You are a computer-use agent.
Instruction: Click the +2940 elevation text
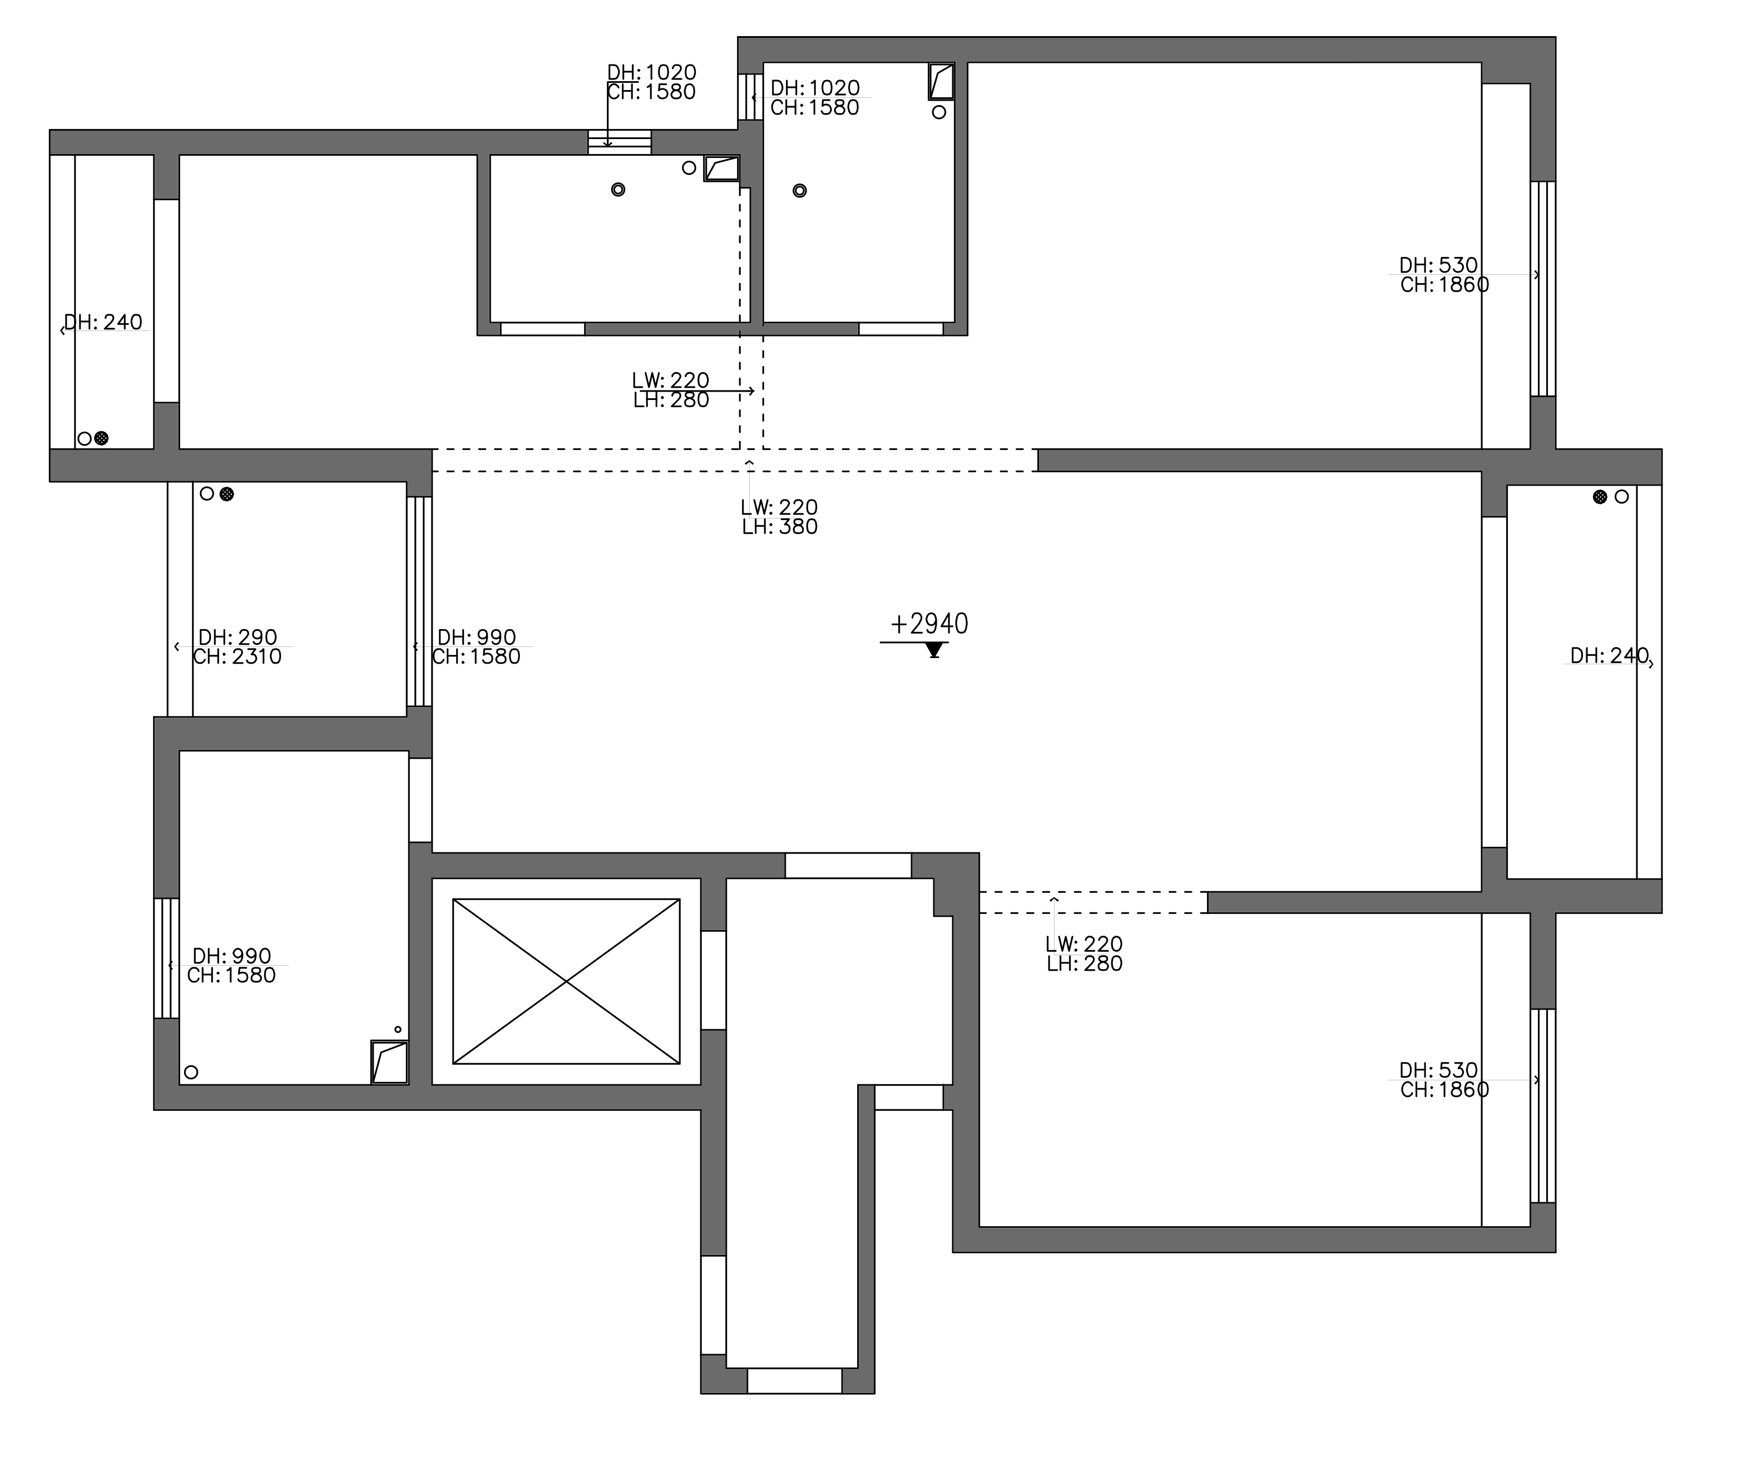pos(929,624)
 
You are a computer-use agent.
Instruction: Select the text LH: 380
pos(779,527)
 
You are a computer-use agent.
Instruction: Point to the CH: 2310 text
pos(237,656)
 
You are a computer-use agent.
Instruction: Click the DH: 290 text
pos(237,637)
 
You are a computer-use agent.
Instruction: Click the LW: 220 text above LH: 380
pos(779,507)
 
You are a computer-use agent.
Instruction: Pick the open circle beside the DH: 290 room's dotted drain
pos(207,494)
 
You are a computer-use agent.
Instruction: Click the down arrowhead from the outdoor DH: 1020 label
pos(608,143)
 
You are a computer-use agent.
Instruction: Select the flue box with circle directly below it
pos(942,81)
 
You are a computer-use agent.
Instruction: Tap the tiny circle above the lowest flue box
pos(398,1029)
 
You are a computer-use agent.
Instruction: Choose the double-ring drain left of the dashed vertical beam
pos(618,189)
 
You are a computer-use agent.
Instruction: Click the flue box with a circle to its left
pos(721,169)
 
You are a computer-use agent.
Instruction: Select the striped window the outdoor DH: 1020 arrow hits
pos(620,142)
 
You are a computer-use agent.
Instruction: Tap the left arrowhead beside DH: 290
pos(177,646)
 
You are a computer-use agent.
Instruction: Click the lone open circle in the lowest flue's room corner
pos(191,1072)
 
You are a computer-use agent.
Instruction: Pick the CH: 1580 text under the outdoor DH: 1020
pos(651,92)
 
